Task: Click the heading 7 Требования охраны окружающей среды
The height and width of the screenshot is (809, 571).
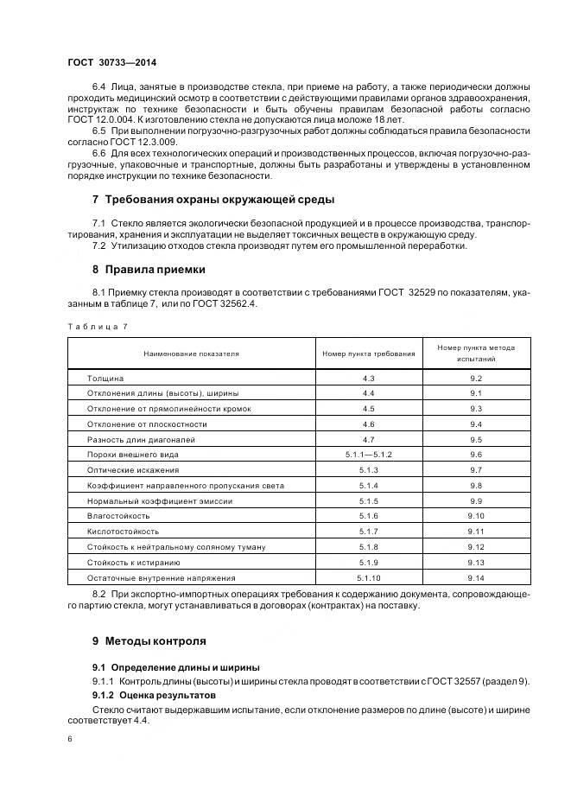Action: coord(213,200)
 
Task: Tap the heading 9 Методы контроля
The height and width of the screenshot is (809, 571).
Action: coord(149,641)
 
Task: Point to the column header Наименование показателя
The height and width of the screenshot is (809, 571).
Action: coord(192,354)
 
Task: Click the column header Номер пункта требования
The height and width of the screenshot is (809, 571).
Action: coord(368,354)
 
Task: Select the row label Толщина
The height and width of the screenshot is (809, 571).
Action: coord(106,379)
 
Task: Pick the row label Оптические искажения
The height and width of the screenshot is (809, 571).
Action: coord(133,469)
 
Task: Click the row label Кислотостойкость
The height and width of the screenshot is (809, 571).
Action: coord(124,532)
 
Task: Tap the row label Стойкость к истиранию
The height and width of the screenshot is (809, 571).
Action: coord(134,563)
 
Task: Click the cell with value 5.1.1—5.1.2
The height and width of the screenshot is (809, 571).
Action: coord(368,455)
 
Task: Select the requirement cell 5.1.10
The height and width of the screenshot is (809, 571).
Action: coord(368,577)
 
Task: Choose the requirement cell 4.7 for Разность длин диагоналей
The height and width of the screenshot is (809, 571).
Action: coord(368,439)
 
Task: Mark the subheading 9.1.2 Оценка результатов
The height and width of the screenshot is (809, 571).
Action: coord(155,695)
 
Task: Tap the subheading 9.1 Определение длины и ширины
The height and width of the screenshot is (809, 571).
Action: coord(176,668)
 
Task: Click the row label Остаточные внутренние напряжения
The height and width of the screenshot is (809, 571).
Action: coord(149,577)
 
